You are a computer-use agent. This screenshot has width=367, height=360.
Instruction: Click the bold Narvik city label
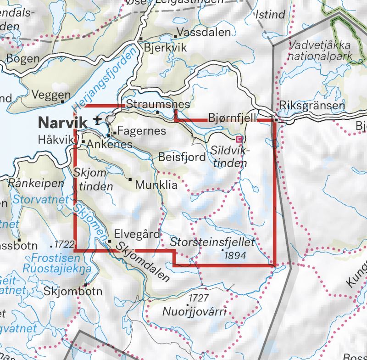pos(62,123)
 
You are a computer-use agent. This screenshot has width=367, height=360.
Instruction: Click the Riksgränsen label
pos(312,105)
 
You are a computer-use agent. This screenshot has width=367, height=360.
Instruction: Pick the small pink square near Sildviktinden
pos(239,139)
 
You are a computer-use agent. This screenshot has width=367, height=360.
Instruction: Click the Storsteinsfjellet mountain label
pos(212,242)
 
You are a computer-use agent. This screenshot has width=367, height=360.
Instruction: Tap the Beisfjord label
pos(182,157)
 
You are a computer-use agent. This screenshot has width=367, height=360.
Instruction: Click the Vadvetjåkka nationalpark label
pos(320,51)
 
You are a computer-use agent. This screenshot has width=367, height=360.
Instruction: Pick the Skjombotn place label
pos(73,291)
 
